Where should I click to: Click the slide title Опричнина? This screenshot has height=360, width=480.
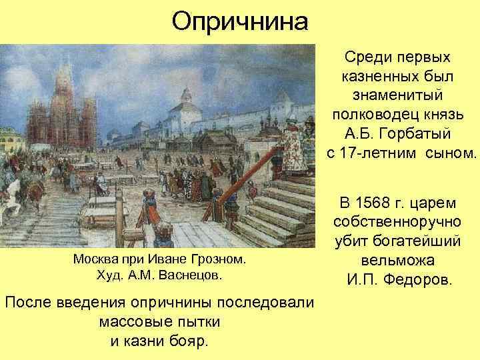240,22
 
